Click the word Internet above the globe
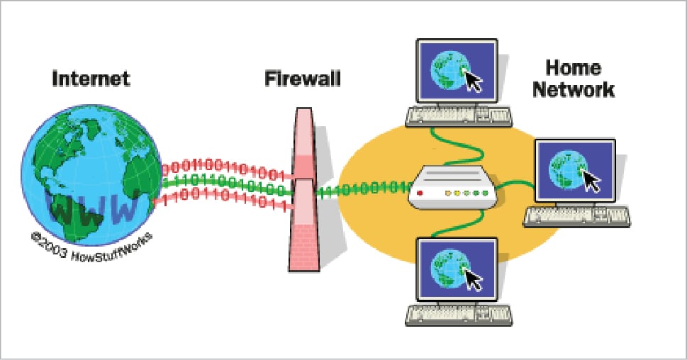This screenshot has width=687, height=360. [x=91, y=79]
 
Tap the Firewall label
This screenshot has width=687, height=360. [x=303, y=77]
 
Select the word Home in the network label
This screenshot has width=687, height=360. [x=574, y=69]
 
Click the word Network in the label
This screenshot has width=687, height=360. [x=574, y=91]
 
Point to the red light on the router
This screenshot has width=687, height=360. [x=420, y=192]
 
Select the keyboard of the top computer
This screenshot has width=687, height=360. [x=459, y=116]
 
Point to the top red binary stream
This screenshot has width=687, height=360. [x=223, y=170]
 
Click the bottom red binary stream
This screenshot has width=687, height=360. [x=223, y=203]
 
